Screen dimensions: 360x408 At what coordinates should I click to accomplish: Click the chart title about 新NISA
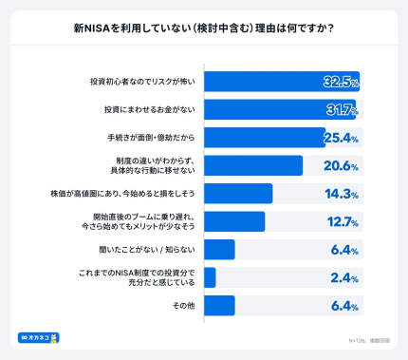point(203,27)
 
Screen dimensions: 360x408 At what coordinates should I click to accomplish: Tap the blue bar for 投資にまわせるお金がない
point(278,109)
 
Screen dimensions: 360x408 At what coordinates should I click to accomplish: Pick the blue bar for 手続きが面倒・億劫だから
point(265,138)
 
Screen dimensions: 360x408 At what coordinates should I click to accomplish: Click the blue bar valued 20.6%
point(253,165)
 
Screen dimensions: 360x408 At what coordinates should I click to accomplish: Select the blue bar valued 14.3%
point(238,194)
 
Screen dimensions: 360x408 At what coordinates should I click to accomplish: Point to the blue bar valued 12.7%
point(234,221)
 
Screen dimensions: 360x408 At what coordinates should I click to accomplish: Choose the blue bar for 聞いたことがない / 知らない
point(219,250)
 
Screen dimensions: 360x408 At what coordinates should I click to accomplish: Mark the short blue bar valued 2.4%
point(210,277)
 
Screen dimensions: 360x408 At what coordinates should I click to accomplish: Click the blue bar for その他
point(219,305)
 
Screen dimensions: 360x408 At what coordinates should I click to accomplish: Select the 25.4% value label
point(340,139)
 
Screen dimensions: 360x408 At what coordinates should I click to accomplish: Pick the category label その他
point(183,306)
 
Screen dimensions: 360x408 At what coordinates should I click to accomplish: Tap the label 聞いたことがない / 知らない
point(151,250)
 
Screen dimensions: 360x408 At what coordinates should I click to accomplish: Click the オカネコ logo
point(39,337)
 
